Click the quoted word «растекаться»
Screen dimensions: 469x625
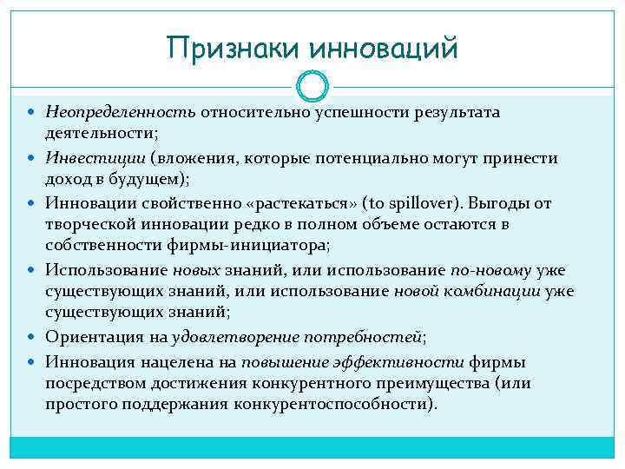[x=290, y=203]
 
